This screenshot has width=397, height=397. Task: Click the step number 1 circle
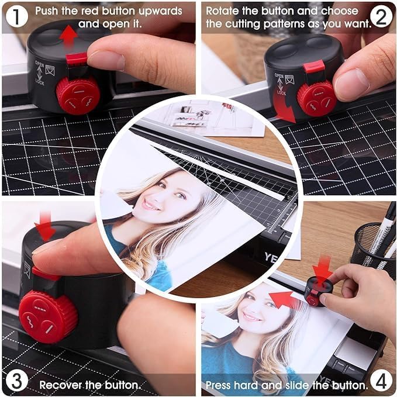[x=16, y=16]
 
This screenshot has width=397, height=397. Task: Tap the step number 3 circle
[x=16, y=381]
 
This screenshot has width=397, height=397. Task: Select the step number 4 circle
[x=381, y=381]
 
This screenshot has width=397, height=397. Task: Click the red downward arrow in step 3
[x=45, y=230]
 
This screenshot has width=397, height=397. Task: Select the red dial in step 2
[x=316, y=97]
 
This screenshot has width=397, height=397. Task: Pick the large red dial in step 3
[x=48, y=316]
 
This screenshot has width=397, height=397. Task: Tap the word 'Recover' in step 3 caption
[x=63, y=385]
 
